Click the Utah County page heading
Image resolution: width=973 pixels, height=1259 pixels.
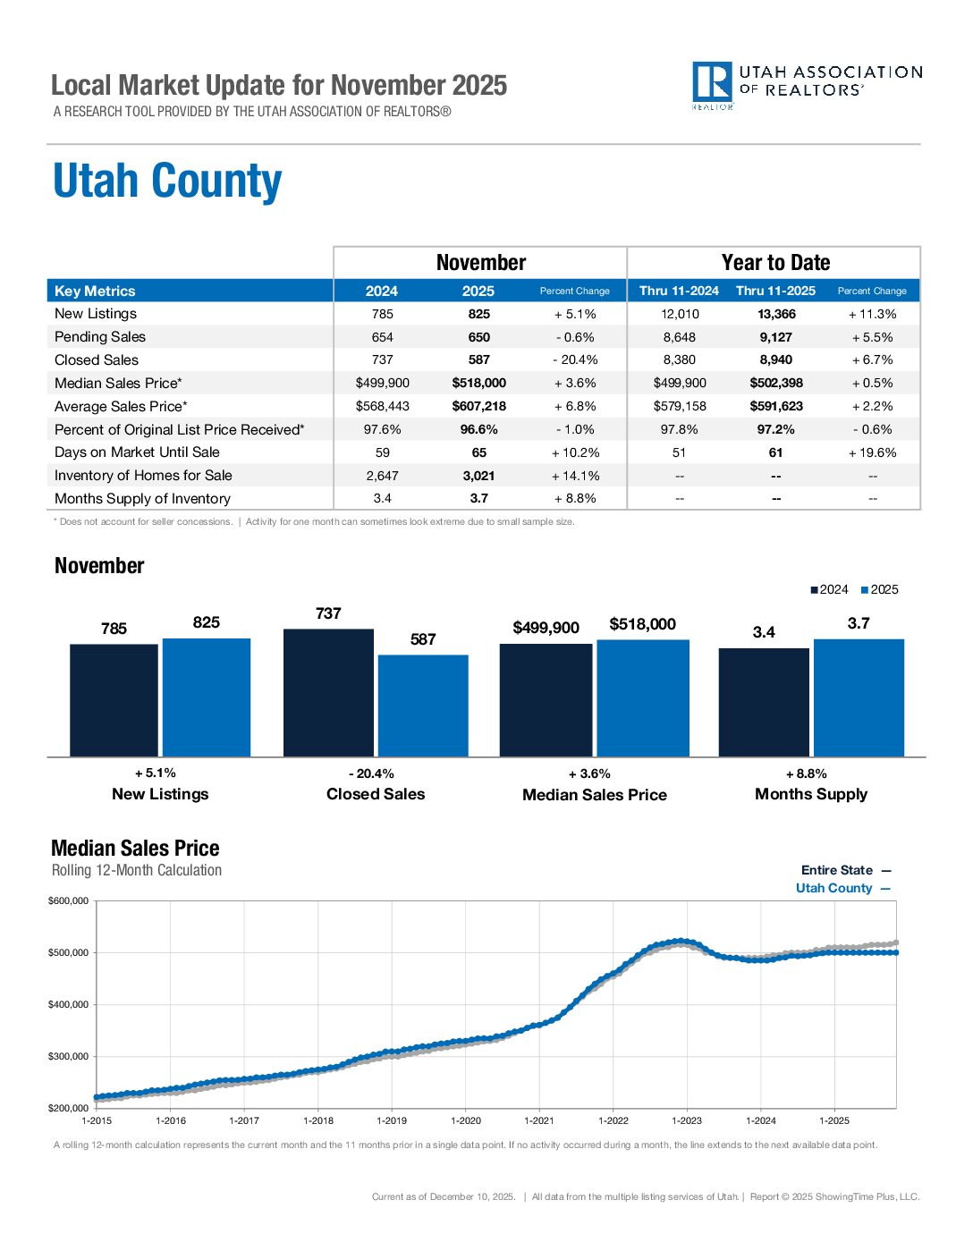tap(167, 182)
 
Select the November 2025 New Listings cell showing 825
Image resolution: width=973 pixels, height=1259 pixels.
tap(478, 314)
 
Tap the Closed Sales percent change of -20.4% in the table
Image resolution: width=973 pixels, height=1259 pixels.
tap(574, 360)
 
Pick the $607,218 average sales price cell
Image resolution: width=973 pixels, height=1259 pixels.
tap(478, 406)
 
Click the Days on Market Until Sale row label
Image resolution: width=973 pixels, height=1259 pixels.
tap(137, 452)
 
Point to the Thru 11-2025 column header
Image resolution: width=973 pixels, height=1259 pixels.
tap(775, 291)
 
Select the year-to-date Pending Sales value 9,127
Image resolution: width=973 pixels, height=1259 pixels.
tap(775, 337)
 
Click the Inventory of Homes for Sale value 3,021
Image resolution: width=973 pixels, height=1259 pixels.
tap(478, 476)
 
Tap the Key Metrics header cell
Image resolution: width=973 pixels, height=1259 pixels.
tap(95, 291)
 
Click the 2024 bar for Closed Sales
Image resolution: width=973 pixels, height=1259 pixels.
tap(328, 693)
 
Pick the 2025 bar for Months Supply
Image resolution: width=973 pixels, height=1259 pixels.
tap(859, 697)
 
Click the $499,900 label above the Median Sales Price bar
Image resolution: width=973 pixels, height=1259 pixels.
tap(546, 628)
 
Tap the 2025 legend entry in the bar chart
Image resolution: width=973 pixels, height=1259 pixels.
tap(879, 589)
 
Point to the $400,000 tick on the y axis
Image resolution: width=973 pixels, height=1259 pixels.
tap(69, 1004)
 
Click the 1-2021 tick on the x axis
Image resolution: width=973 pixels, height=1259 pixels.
tap(539, 1120)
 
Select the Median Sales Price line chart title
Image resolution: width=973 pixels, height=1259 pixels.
tap(135, 848)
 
